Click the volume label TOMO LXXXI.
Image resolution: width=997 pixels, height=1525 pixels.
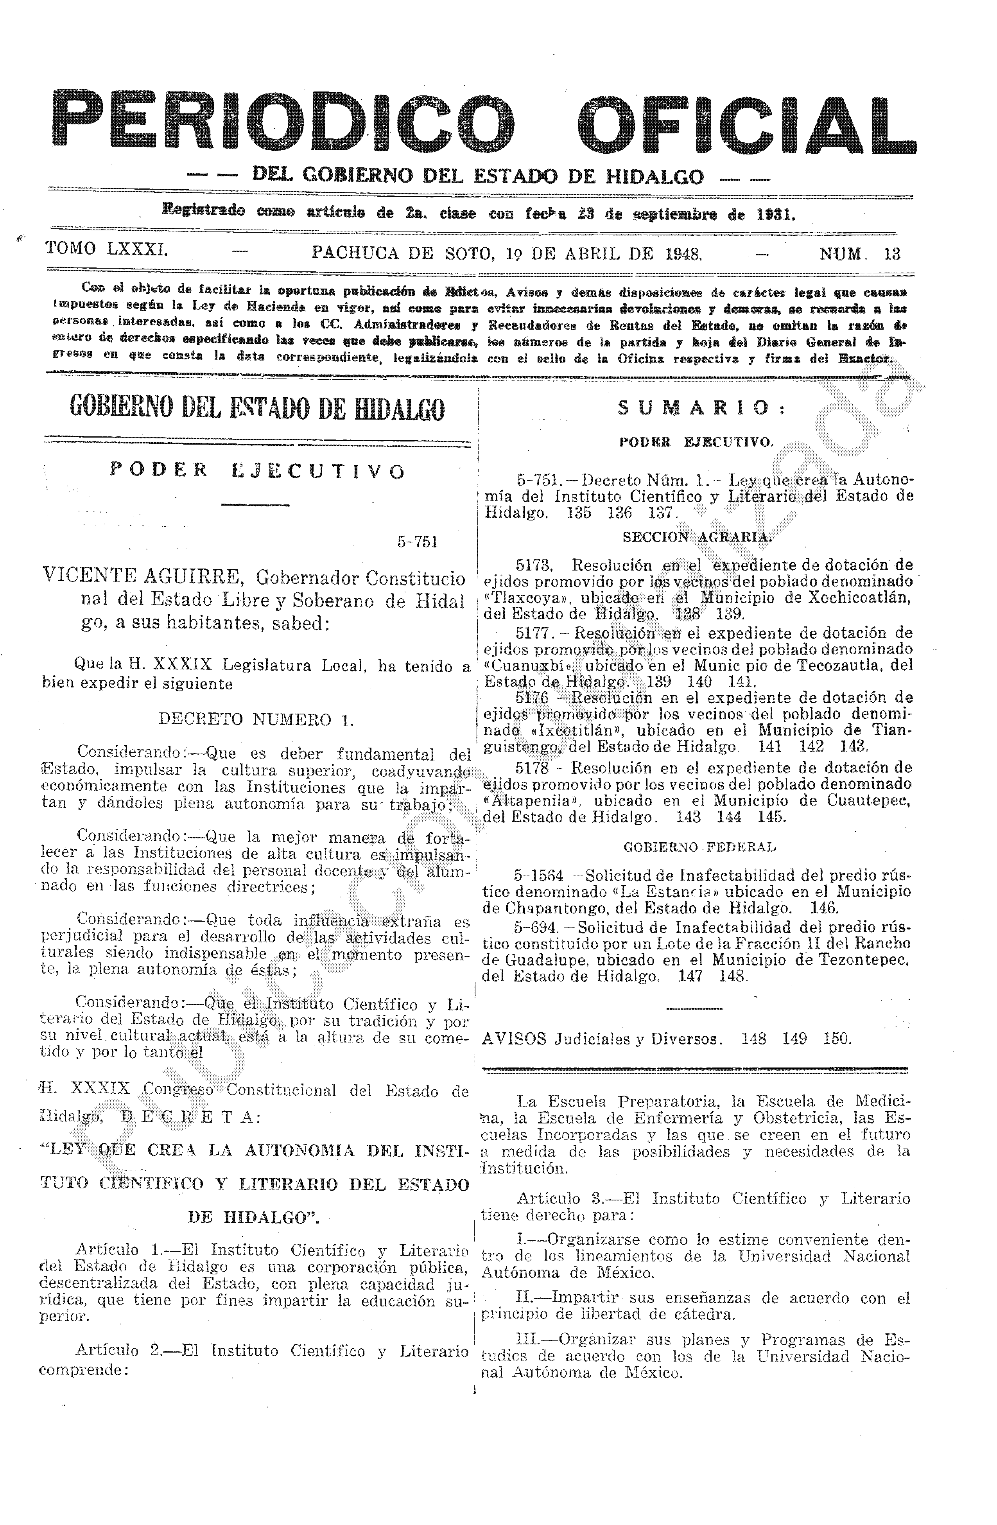pos(107,249)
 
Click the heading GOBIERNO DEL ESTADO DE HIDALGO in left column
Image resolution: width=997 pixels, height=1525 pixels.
pos(256,409)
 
